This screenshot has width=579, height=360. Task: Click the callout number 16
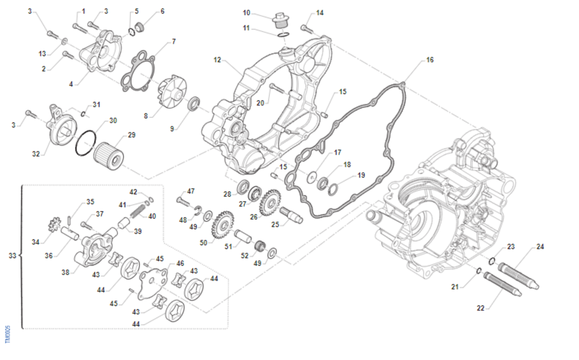tap(429, 60)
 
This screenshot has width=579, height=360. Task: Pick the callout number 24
tap(540, 247)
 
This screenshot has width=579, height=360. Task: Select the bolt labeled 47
tap(184, 199)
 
